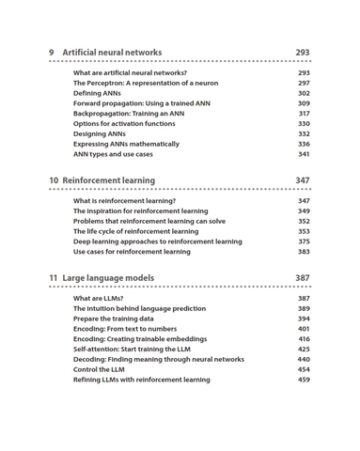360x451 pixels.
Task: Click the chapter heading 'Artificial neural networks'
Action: (x=112, y=53)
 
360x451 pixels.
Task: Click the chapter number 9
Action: (x=53, y=53)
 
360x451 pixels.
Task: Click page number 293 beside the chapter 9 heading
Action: (x=302, y=53)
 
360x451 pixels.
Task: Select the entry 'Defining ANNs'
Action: (x=99, y=93)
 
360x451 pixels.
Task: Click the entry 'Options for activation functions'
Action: (x=124, y=124)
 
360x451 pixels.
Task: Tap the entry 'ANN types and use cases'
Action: (x=113, y=154)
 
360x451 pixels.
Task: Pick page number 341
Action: (x=304, y=154)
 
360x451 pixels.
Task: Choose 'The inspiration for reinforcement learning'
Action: (x=141, y=211)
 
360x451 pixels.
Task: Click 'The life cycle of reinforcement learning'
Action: (x=135, y=231)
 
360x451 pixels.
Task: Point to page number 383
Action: (x=304, y=252)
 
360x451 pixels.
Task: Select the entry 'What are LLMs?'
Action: (x=98, y=299)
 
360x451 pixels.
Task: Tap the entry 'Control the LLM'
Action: (x=99, y=369)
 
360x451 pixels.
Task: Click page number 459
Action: (x=304, y=380)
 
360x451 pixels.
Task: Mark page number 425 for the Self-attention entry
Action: (x=304, y=350)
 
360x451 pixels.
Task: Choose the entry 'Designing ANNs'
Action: (x=100, y=134)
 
